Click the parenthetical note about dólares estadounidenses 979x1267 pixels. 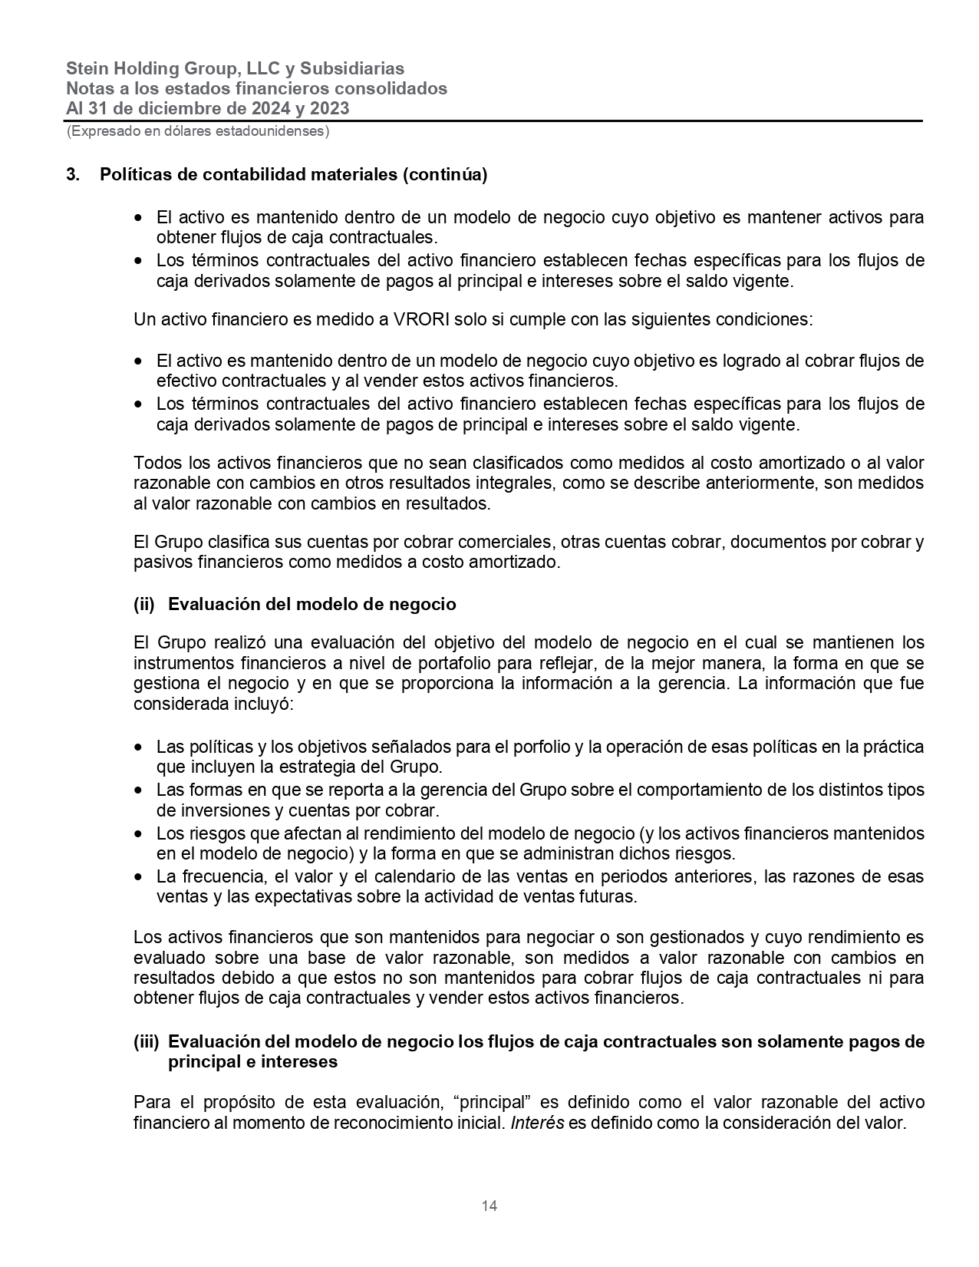[x=198, y=131]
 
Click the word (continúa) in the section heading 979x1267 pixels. [x=446, y=175]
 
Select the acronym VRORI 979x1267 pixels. [x=420, y=318]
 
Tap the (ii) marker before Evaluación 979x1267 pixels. [x=144, y=605]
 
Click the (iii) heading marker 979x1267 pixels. [x=146, y=1042]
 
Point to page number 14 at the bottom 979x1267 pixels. [x=489, y=1206]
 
